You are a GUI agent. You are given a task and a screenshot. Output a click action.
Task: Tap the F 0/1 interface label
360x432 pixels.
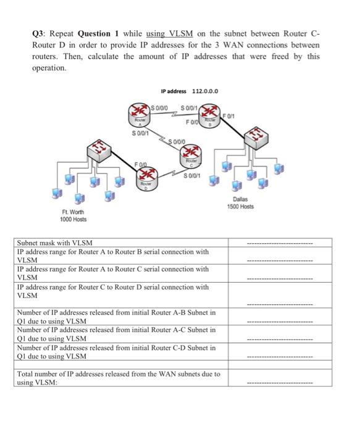(x=230, y=114)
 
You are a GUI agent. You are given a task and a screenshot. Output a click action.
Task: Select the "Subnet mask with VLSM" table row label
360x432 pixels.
(x=57, y=244)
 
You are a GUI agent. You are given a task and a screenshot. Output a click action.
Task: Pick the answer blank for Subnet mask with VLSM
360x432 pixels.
(x=280, y=244)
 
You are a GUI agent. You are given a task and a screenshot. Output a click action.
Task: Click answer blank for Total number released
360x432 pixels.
(x=280, y=383)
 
